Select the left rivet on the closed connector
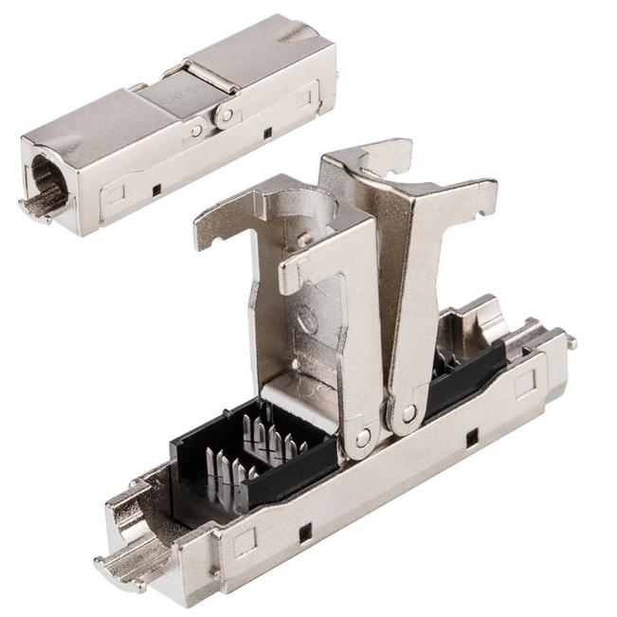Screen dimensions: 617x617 point(196,130)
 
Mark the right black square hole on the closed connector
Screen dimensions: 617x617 point(267,133)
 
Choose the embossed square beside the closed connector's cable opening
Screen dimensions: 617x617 point(116,194)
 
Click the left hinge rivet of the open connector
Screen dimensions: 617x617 point(363,439)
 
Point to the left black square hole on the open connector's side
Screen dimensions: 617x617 point(305,533)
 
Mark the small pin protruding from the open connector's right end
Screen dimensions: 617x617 point(572,342)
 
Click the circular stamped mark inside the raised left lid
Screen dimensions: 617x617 point(308,319)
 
